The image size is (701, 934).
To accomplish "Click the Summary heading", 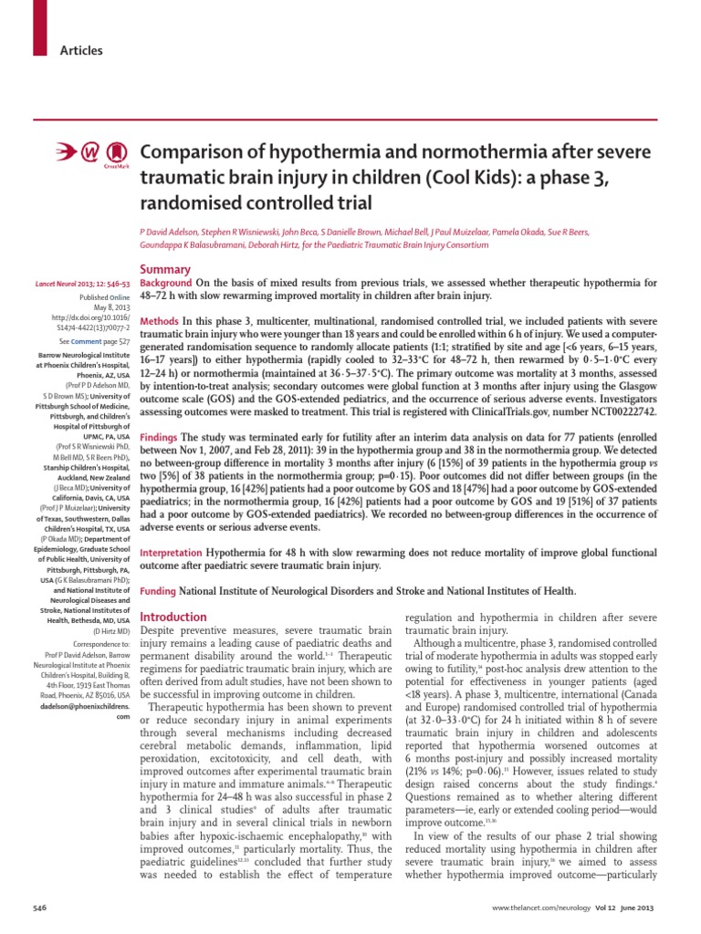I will pyautogui.click(x=164, y=270).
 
